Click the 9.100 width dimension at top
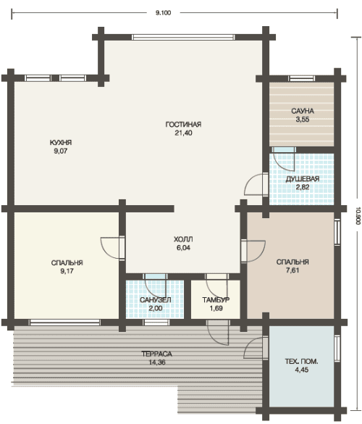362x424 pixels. point(163,13)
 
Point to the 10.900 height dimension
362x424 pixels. point(358,215)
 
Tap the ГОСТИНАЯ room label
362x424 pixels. point(183,125)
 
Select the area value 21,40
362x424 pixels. point(183,133)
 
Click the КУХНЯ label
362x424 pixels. point(61,143)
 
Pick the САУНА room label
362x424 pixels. point(303,111)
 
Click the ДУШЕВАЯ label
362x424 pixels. point(303,179)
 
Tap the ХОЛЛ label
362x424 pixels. point(183,239)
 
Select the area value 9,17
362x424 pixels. point(67,271)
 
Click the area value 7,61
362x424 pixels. point(292,270)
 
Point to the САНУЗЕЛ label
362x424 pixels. point(156,300)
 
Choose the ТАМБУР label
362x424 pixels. point(216,300)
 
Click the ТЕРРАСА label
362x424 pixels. point(156,354)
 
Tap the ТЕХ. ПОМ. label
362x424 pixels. point(301,361)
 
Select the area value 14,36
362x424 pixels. point(157,362)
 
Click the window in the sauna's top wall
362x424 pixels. point(301,79)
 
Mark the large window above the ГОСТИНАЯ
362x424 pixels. point(183,37)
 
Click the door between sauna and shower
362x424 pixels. point(284,150)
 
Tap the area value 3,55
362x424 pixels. point(303,120)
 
